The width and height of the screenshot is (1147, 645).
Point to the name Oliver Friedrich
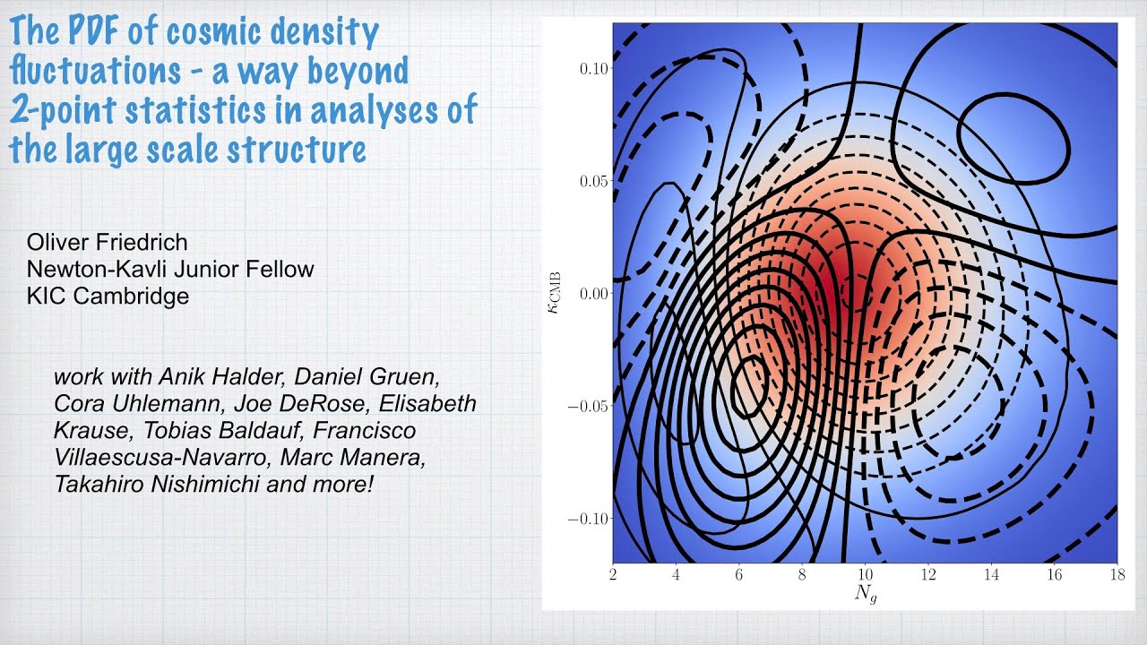coord(108,242)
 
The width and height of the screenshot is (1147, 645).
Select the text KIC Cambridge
coord(108,296)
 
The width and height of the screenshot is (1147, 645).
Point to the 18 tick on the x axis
coord(1117,572)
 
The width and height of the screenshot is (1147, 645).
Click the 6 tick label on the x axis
coord(738,572)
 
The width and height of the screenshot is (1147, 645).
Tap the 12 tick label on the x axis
coord(927,572)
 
